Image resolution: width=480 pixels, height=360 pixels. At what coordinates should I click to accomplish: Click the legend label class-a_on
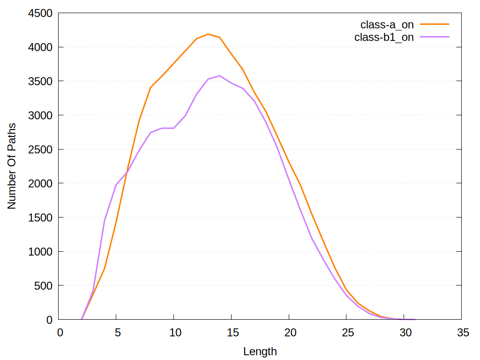387,25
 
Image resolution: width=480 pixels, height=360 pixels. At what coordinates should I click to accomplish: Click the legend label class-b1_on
384,37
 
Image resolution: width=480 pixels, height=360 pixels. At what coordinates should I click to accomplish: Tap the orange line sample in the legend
435,24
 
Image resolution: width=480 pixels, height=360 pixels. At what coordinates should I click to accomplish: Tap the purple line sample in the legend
435,37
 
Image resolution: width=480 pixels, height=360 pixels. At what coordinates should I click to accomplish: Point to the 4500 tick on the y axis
41,13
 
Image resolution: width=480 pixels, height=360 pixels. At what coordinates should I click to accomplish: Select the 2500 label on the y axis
41,150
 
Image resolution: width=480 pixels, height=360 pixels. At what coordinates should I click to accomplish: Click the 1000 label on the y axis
41,252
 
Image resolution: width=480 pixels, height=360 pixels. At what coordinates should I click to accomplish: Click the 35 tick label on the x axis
462,332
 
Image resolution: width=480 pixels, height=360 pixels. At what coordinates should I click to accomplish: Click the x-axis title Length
260,351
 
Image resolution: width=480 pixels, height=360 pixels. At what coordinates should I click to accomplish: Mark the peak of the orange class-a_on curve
208,34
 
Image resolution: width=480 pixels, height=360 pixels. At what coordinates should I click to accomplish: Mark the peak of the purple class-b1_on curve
220,75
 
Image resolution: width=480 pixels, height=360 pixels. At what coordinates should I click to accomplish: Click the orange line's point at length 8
150,87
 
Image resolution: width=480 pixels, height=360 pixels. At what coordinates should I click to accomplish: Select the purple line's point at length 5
116,185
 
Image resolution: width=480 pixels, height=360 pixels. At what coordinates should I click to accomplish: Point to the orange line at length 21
300,184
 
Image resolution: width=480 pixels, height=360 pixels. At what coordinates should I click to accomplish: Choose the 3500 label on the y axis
41,81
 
